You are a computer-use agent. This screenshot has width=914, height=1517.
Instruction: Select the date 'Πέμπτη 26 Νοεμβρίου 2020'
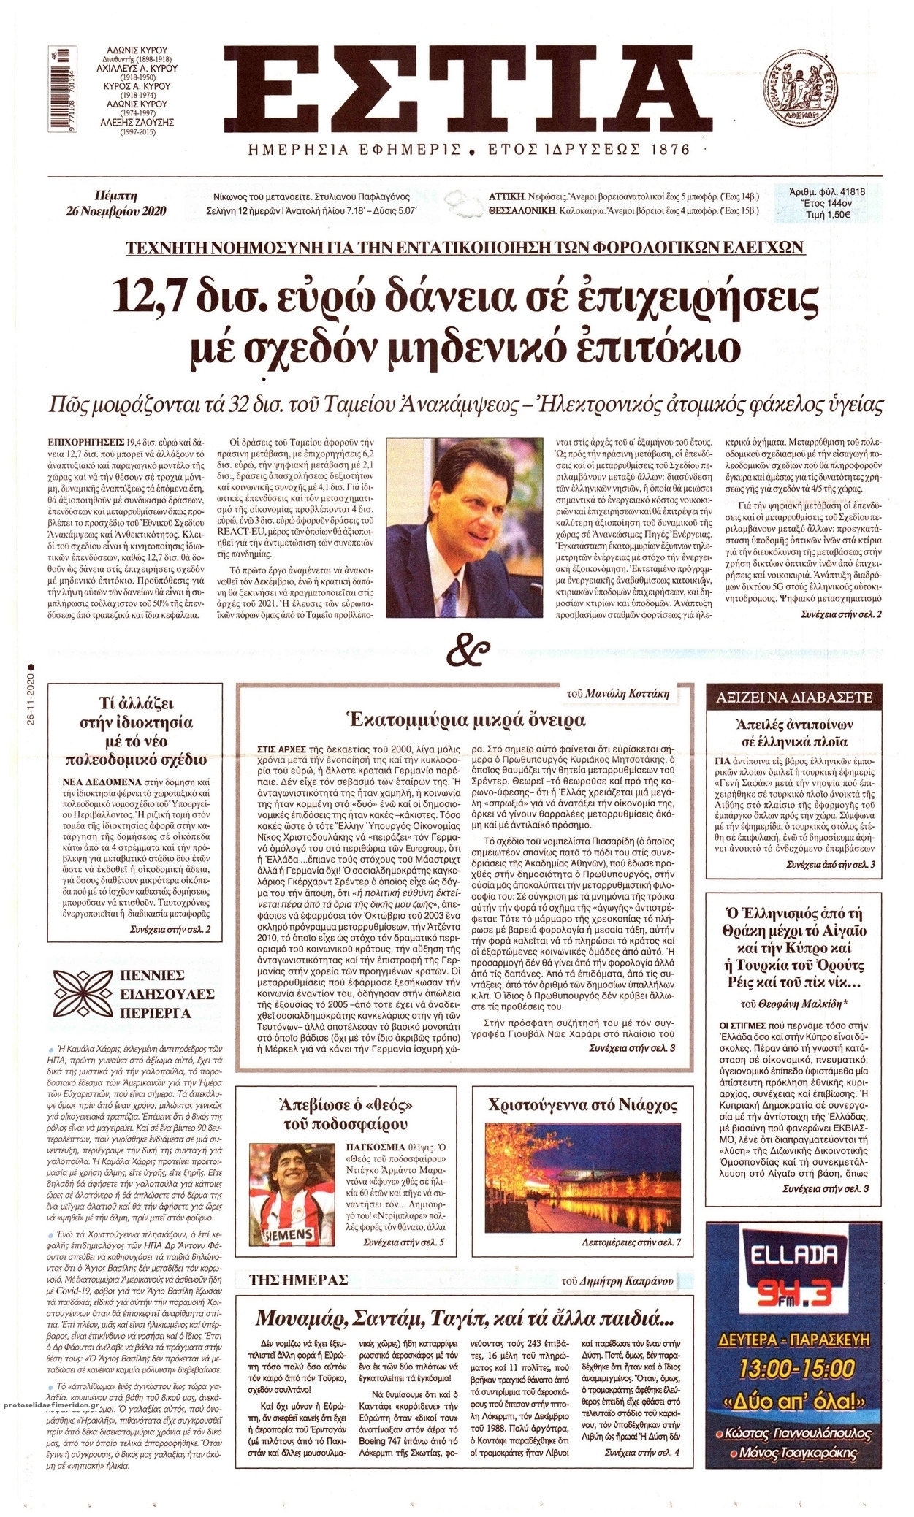pyautogui.click(x=117, y=204)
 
